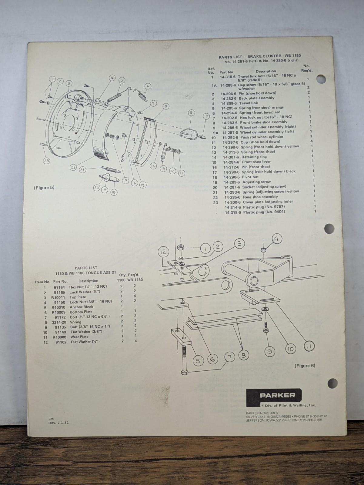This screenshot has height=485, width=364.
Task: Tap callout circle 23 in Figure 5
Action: pos(46,161)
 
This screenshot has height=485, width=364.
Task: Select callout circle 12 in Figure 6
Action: pos(163,252)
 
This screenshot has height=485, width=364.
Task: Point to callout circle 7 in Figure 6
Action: pos(230,357)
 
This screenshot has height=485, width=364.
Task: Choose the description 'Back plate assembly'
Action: pos(257,98)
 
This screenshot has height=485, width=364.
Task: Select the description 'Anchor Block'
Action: pos(82,307)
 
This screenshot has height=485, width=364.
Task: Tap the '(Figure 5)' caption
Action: pos(44,188)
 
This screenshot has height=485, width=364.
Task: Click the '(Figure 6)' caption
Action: pos(305,366)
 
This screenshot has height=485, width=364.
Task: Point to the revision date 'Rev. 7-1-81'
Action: pos(58,423)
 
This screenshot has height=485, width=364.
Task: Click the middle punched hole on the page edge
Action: pos(329,228)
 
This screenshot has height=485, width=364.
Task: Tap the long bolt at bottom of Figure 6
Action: pos(185,360)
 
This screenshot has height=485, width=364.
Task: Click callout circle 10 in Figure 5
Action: pos(206,116)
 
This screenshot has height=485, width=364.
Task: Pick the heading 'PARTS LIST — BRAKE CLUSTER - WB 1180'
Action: pos(260,56)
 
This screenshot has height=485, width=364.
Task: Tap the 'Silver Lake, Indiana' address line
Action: pos(287,416)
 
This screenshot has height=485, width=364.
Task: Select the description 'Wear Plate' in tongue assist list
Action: pos(79,337)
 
